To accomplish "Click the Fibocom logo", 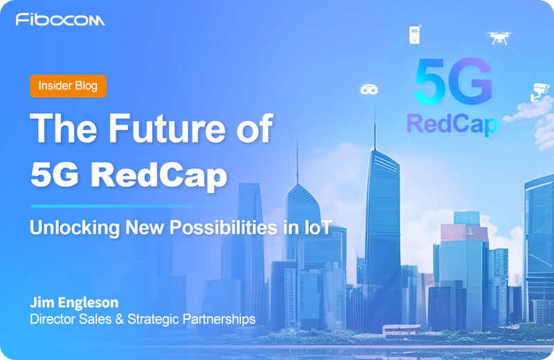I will coord(60,19).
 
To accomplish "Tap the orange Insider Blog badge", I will coord(68,86).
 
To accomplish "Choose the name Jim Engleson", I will coord(74,303).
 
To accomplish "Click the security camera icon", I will coord(538,91).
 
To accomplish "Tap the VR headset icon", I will coord(369,89).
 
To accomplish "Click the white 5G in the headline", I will coord(57,175).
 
